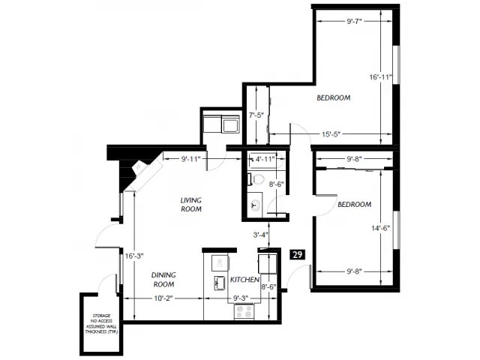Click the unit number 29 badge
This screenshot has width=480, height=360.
(x=297, y=255)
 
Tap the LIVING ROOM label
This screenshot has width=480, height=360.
(x=191, y=205)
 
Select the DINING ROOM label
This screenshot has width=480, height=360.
(x=163, y=280)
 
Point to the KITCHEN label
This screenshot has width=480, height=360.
(x=244, y=280)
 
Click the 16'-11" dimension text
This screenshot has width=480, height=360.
(x=380, y=77)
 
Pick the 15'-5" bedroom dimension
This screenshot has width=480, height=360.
(x=331, y=134)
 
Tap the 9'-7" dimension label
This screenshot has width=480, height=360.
(x=354, y=21)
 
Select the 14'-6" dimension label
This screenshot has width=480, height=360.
(x=380, y=228)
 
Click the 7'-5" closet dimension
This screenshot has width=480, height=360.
(x=256, y=115)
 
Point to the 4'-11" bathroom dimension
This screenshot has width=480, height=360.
(x=265, y=159)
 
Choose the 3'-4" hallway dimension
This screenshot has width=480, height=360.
(x=260, y=235)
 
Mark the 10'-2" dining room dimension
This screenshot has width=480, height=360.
(x=163, y=298)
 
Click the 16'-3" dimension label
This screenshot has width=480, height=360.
(x=134, y=256)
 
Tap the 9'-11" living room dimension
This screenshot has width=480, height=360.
(x=190, y=159)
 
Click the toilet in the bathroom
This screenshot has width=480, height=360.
(x=256, y=179)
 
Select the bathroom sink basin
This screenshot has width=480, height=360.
(x=255, y=205)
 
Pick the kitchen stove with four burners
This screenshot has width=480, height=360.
(x=244, y=312)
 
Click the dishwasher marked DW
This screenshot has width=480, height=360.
(x=220, y=262)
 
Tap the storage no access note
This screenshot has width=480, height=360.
(x=101, y=323)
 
